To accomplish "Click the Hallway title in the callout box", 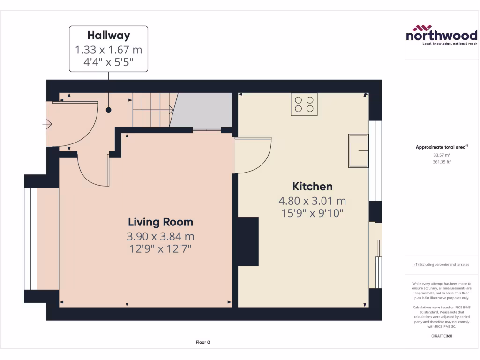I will tap(108, 35).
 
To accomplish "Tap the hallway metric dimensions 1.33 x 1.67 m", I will tap(108, 50).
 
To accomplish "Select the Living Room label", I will tap(161, 222).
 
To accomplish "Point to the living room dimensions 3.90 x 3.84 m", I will tap(161, 236).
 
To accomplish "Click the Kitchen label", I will tap(312, 186).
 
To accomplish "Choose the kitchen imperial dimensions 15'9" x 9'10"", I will tap(312, 213).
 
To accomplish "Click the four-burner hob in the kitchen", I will tap(304, 104).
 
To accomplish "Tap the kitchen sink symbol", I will tap(359, 150).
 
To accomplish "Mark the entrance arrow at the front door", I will tap(47, 124).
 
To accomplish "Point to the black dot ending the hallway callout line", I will tap(109, 110).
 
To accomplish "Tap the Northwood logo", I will tap(441, 35).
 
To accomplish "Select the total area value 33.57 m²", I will tap(442, 155).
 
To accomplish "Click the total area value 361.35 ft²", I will tap(442, 162).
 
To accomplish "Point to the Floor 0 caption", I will tap(202, 342).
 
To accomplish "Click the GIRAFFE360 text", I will tap(442, 336).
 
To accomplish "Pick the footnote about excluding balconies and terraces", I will tap(442, 265).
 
